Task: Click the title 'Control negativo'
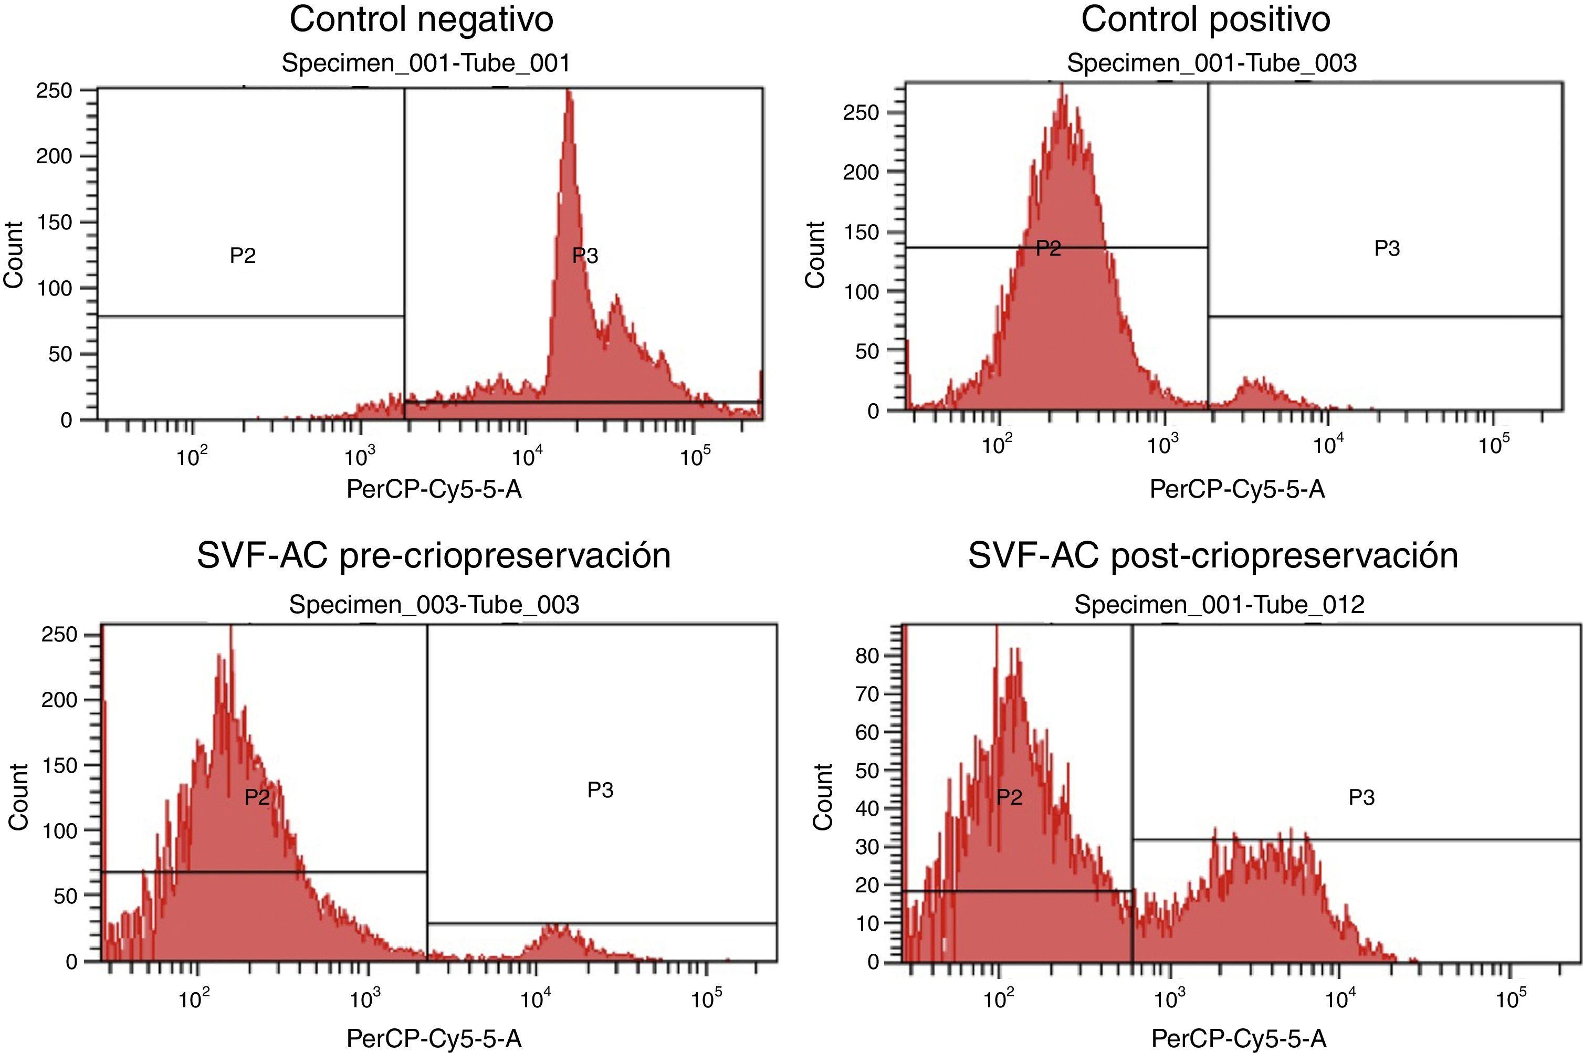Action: pyautogui.click(x=421, y=19)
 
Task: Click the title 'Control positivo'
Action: pyautogui.click(x=1205, y=19)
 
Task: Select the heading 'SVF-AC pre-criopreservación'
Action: pyautogui.click(x=434, y=555)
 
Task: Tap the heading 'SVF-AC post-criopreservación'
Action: pyautogui.click(x=1213, y=555)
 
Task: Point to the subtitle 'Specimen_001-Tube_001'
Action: pyautogui.click(x=426, y=63)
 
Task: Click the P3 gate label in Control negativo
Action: pyautogui.click(x=585, y=256)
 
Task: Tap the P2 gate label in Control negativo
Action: pyautogui.click(x=243, y=256)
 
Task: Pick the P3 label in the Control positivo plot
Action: pyautogui.click(x=1387, y=248)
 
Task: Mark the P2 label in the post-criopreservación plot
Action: pyautogui.click(x=1009, y=797)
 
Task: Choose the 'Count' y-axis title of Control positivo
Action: pyautogui.click(x=815, y=255)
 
